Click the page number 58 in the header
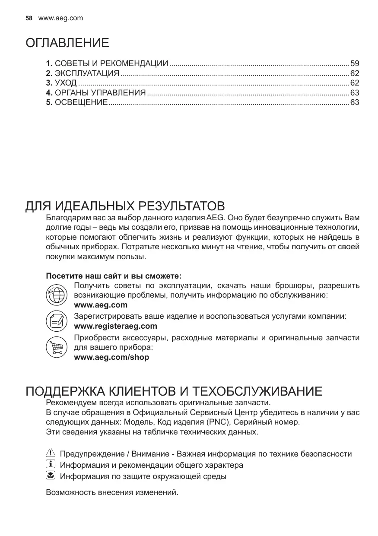[x=29, y=18]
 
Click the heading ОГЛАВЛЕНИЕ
[x=67, y=43]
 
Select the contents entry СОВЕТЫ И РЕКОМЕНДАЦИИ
[x=111, y=63]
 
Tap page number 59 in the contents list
[x=355, y=63]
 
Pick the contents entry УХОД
[x=66, y=83]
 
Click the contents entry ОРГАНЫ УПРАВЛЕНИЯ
[x=100, y=93]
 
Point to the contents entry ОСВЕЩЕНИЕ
[x=81, y=102]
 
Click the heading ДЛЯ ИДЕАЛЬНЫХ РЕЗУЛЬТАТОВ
[x=125, y=205]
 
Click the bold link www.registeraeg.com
[x=116, y=326]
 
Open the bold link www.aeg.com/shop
[x=111, y=357]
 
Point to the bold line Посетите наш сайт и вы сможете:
[x=114, y=276]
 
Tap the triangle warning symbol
[x=51, y=454]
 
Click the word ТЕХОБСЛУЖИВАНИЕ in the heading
[x=257, y=392]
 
